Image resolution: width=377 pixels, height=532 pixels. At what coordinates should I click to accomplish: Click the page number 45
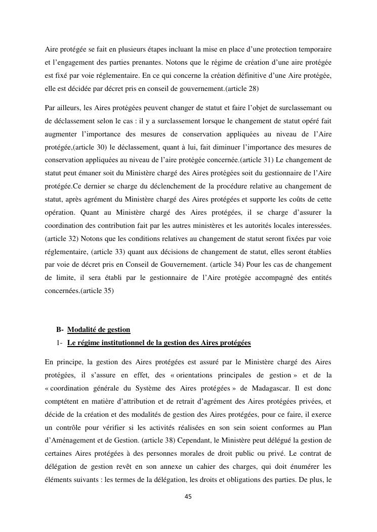pyautogui.click(x=188, y=497)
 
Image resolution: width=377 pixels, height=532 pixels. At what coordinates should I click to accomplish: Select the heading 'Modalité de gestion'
pyautogui.click(x=99, y=330)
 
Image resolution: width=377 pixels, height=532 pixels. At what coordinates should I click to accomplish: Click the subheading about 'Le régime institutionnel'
pyautogui.click(x=159, y=343)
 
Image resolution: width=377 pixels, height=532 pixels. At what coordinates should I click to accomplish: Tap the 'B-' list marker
pyautogui.click(x=60, y=330)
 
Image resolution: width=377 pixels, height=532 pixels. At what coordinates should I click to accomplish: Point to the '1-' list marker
pyautogui.click(x=60, y=343)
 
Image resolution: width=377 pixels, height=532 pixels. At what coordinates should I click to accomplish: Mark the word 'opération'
pyautogui.click(x=59, y=212)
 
